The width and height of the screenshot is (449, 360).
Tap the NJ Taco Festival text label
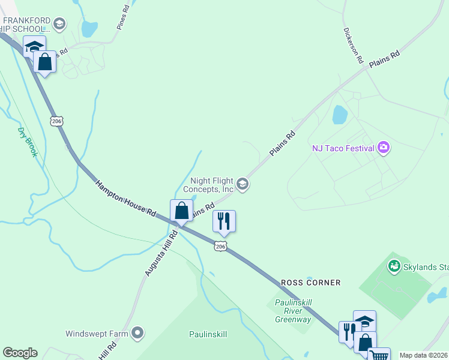pos(343,148)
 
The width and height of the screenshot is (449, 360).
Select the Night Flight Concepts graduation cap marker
pos(243,184)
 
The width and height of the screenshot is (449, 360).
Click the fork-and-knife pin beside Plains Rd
pos(224,221)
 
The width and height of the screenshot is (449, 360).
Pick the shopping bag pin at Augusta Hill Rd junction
pos(182,211)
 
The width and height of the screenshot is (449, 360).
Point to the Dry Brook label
pos(28,142)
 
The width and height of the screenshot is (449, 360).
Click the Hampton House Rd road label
pos(125,197)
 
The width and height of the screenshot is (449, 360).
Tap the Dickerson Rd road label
pos(354,45)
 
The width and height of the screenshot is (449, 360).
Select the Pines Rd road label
pos(123,19)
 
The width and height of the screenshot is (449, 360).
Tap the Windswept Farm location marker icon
pos(138,332)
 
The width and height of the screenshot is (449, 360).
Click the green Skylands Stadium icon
pos(394,265)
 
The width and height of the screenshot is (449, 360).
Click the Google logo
pos(20,352)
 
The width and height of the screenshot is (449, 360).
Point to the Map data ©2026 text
pos(423,355)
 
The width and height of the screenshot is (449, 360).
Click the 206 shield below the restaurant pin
pos(220,246)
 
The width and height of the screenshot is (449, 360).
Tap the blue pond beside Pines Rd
pos(89,28)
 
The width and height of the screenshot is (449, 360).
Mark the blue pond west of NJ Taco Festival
pos(340,114)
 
